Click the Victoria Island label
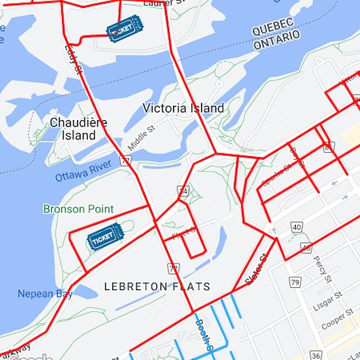183,108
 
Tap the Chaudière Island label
78,129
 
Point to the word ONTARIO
277,44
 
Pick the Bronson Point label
78,209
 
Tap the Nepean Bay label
45,294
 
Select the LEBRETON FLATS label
157,287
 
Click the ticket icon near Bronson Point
104,236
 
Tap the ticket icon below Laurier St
125,29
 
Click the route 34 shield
184,191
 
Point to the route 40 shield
297,228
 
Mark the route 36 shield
316,355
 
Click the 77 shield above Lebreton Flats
173,268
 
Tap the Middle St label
141,139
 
